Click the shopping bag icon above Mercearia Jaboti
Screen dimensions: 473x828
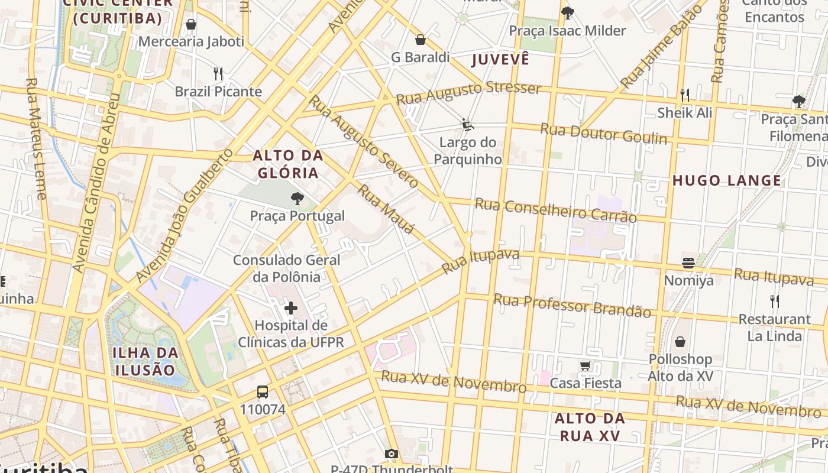tap(190, 24)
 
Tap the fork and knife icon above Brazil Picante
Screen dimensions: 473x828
tap(218, 74)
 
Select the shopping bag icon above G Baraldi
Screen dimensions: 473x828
tap(421, 40)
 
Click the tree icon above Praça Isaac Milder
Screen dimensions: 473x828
tap(568, 12)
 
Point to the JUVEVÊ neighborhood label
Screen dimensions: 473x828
tap(500, 59)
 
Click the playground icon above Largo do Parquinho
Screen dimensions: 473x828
tap(468, 125)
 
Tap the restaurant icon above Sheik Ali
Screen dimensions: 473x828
tap(685, 95)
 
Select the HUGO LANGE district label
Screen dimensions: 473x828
tap(727, 180)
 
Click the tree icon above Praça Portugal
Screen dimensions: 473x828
tap(297, 199)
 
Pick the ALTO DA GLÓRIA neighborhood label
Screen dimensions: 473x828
tap(288, 164)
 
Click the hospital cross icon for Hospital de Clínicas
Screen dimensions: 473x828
tap(291, 307)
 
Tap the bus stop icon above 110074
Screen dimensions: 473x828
tap(263, 391)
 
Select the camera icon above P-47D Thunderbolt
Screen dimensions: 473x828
tap(391, 453)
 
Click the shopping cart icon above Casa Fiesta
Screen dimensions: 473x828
tap(585, 365)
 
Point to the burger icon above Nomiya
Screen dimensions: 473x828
tap(688, 263)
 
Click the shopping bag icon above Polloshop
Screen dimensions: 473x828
tap(680, 341)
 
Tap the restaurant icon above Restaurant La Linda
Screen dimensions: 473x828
tap(774, 302)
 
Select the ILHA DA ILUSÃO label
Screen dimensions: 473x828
tap(145, 361)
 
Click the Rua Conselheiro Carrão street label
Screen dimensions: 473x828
tap(555, 210)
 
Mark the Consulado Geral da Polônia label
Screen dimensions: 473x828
tap(286, 268)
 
